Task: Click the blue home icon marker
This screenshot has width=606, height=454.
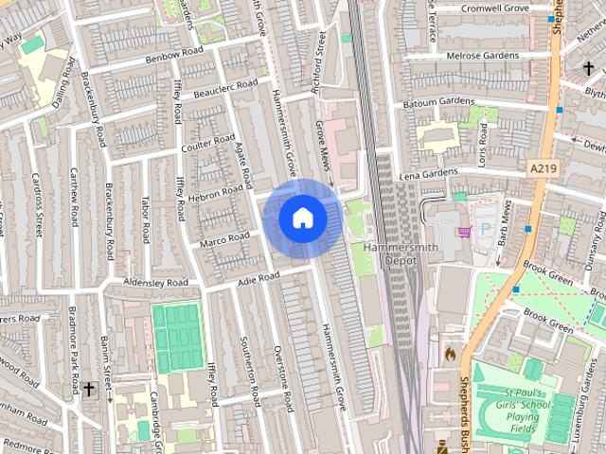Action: tap(303, 218)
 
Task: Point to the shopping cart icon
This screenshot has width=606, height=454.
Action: tap(464, 231)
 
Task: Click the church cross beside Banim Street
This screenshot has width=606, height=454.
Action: tap(89, 389)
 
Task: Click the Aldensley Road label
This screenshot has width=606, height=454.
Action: tap(155, 283)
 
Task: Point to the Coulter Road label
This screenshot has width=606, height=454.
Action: tap(207, 146)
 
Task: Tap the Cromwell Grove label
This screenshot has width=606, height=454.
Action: tap(493, 9)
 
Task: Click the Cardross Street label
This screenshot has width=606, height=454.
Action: tap(37, 203)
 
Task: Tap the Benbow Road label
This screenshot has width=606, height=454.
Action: tap(175, 55)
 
